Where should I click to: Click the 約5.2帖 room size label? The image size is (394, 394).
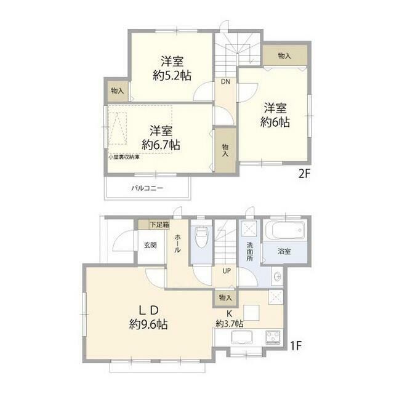point(172,75)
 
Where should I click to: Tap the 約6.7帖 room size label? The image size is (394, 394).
point(161,145)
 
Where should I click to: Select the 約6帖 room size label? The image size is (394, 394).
point(275,122)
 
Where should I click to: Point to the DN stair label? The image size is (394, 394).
point(225,81)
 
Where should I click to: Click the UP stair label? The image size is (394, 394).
point(227,271)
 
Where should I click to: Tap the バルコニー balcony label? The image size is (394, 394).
point(148,188)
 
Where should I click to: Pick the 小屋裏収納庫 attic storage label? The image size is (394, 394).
point(124,158)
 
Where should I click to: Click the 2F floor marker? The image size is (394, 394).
point(305,174)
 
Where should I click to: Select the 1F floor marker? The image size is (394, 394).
point(295,346)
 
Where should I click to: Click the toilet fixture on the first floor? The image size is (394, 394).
point(201,237)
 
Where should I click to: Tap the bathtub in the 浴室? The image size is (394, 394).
point(285,230)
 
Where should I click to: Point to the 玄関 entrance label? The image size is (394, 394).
point(150,245)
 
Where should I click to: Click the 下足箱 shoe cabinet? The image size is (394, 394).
point(154,224)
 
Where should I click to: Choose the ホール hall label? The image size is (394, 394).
point(177,243)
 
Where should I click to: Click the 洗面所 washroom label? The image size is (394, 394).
point(249,252)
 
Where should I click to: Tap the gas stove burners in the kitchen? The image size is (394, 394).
point(273,337)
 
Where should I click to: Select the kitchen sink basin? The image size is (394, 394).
point(241,337)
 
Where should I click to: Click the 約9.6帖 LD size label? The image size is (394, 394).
point(148,324)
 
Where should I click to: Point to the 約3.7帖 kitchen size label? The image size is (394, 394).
point(229,324)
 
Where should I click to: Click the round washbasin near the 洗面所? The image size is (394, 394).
point(278,276)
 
